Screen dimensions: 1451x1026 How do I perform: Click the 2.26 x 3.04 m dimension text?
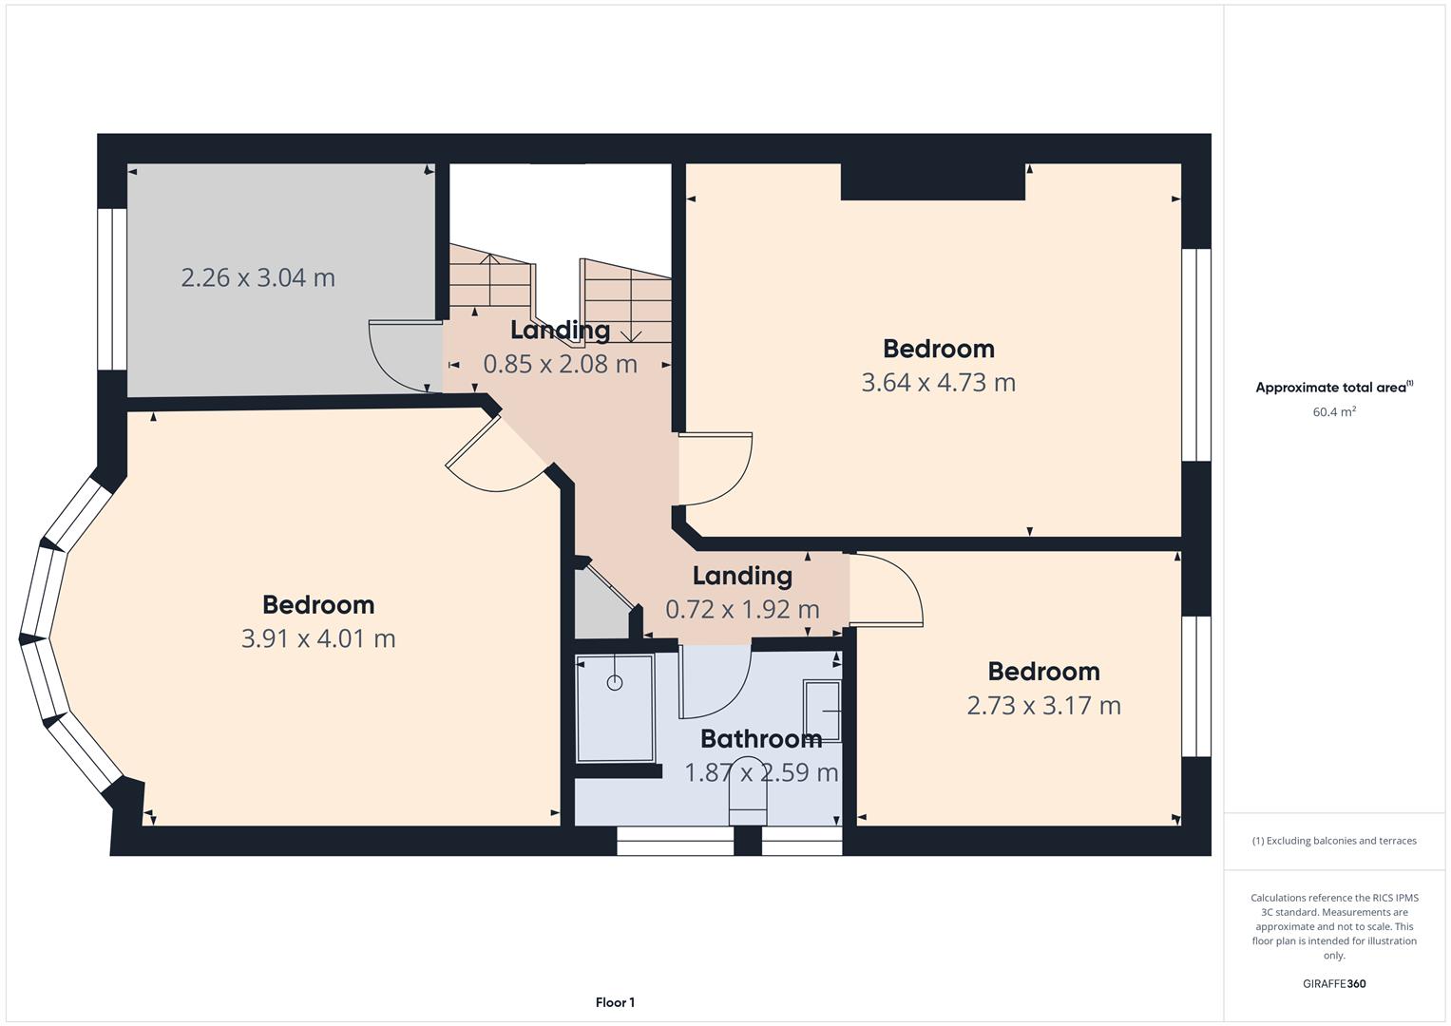[x=258, y=277]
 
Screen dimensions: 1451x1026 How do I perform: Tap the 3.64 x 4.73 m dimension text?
[x=939, y=383]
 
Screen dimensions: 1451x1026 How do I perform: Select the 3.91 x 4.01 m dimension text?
[x=318, y=638]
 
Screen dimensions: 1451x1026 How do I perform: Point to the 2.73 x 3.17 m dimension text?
[x=1044, y=705]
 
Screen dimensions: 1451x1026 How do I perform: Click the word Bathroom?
[x=761, y=738]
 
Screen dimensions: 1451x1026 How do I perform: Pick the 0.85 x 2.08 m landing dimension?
[x=561, y=364]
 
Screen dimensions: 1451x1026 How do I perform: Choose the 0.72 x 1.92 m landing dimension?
[x=742, y=610]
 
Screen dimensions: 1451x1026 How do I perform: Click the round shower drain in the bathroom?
[x=615, y=682]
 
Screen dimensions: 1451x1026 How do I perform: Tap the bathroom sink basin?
[x=822, y=711]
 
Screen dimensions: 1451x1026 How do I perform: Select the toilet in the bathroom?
[x=748, y=790]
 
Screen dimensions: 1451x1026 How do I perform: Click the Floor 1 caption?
[x=616, y=1002]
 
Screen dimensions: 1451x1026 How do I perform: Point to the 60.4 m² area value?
[x=1334, y=411]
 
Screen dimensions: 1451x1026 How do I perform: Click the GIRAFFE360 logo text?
[x=1334, y=983]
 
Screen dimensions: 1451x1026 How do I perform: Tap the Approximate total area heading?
[x=1334, y=387]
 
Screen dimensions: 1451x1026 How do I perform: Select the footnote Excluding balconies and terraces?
[x=1334, y=841]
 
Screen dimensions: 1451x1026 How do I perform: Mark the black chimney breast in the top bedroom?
[x=933, y=181]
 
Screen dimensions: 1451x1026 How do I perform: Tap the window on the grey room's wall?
[x=112, y=289]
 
